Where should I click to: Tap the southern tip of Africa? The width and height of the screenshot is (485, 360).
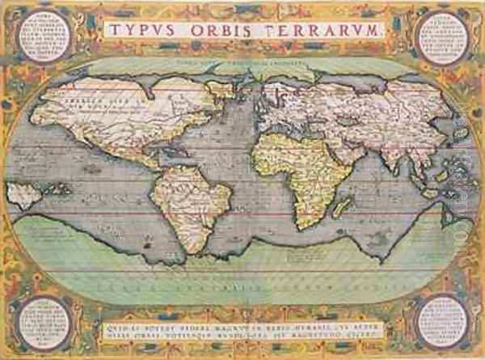click(306, 224)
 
